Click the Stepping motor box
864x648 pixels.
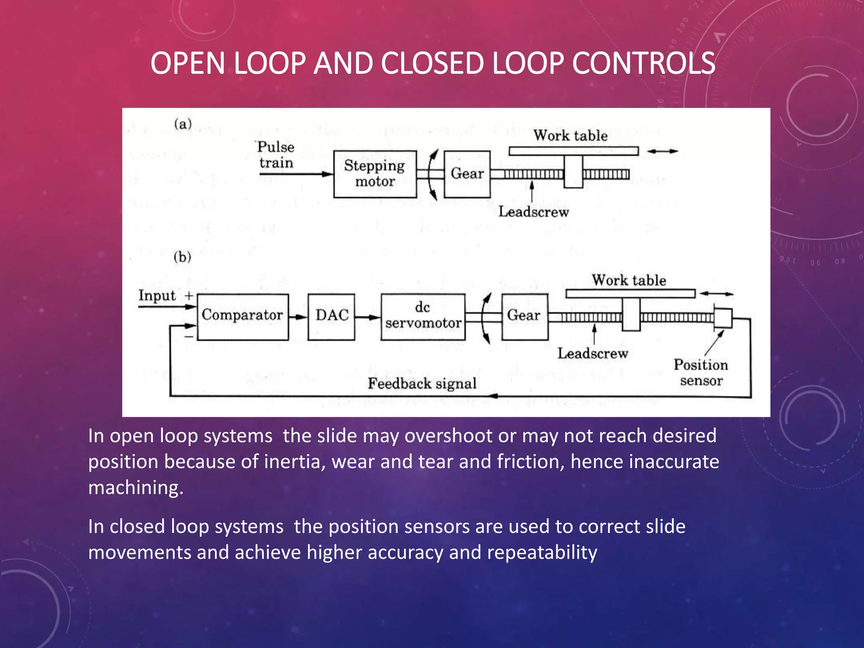pyautogui.click(x=375, y=174)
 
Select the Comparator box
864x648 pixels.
pyautogui.click(x=243, y=317)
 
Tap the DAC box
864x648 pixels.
pyautogui.click(x=331, y=317)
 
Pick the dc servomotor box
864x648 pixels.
pyautogui.click(x=423, y=317)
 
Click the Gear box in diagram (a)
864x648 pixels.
pyautogui.click(x=467, y=174)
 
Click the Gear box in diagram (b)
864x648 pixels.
pyautogui.click(x=524, y=317)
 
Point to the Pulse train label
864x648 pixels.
pyautogui.click(x=276, y=155)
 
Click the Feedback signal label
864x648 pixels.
pyautogui.click(x=422, y=383)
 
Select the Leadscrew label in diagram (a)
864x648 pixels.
pyautogui.click(x=533, y=212)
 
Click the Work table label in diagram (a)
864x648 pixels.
pyautogui.click(x=570, y=136)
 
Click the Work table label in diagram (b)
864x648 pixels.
pyautogui.click(x=629, y=281)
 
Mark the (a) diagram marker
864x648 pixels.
pyautogui.click(x=183, y=124)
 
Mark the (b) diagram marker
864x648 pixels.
pyautogui.click(x=182, y=257)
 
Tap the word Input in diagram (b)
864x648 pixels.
pyautogui.click(x=157, y=296)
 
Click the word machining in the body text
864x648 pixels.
pyautogui.click(x=135, y=488)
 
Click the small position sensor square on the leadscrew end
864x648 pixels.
pyautogui.click(x=723, y=318)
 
